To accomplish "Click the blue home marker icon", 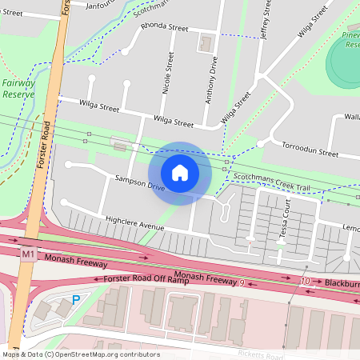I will click(180, 173).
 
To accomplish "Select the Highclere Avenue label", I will click(134, 222).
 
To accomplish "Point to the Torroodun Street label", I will click(311, 150).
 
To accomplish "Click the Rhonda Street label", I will click(164, 26).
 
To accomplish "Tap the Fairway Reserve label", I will click(18, 88).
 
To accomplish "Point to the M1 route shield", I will click(29, 254).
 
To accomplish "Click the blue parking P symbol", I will click(76, 300).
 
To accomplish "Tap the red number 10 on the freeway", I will click(304, 282).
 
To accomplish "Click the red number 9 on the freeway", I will click(242, 282).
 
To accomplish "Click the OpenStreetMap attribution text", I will click(80, 354).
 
